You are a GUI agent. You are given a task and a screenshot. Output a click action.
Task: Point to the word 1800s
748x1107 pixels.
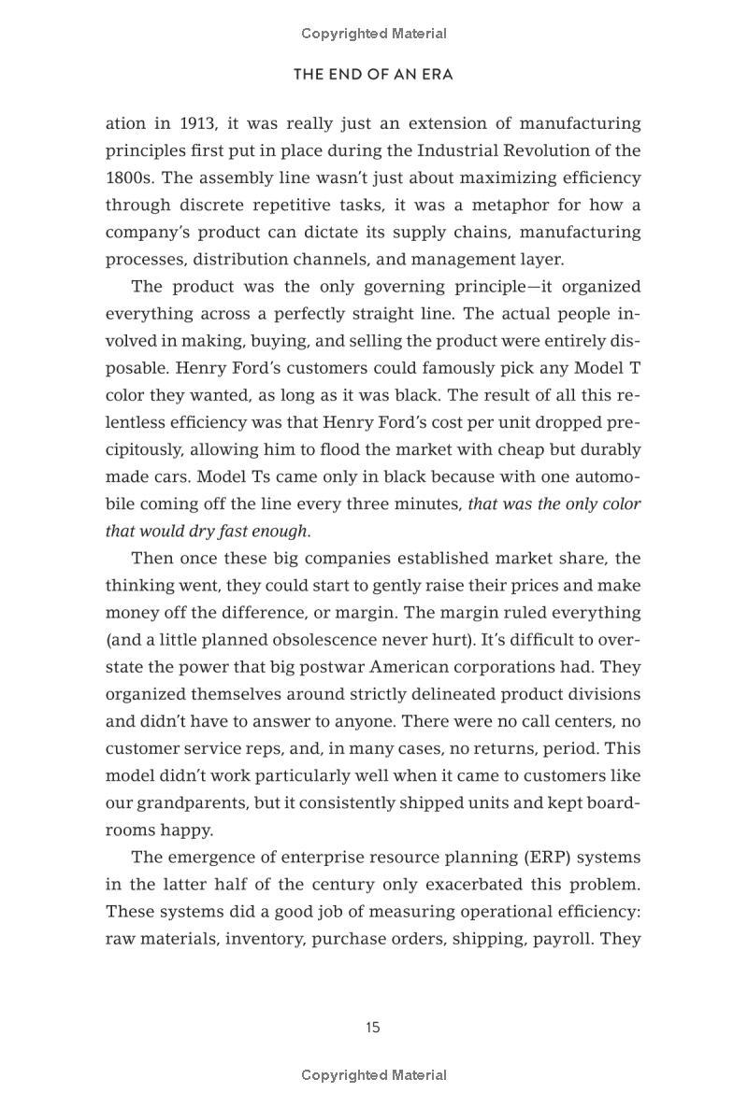coord(129,177)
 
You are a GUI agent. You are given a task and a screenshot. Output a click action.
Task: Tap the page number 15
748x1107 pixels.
coord(373,1028)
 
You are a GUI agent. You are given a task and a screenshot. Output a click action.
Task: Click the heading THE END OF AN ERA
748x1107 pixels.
coord(373,75)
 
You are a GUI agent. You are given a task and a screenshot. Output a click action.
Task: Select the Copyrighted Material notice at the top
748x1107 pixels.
coord(374,34)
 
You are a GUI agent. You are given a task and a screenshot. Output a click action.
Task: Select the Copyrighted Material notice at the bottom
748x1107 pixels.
coord(374,1075)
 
